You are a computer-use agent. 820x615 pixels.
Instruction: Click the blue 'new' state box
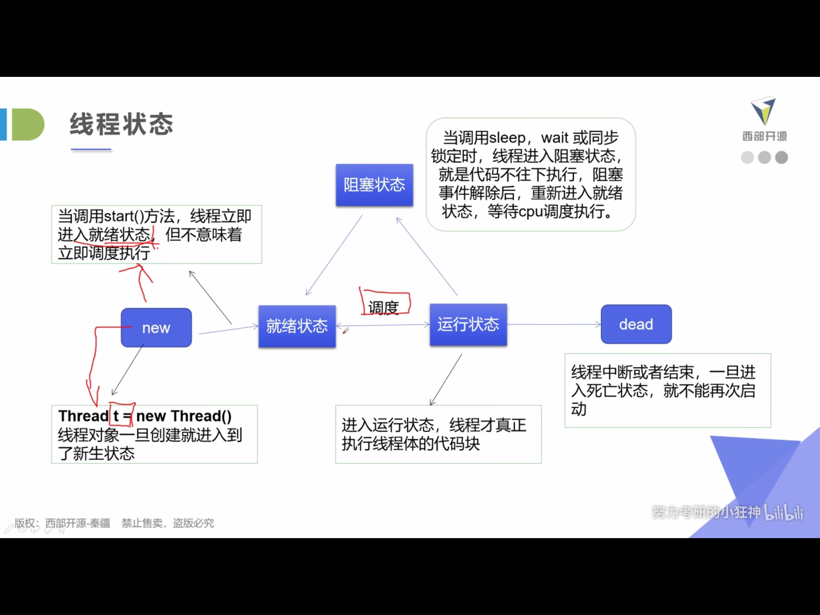tap(156, 328)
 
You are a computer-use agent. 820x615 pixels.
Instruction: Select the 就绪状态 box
tap(297, 326)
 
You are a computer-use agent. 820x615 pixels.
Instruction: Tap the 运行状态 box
tap(468, 324)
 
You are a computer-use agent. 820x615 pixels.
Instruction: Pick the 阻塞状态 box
tap(374, 185)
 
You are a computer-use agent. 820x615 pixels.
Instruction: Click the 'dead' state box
tap(636, 324)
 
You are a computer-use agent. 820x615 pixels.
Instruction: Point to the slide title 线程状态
tap(121, 124)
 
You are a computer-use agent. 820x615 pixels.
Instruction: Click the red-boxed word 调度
tap(384, 307)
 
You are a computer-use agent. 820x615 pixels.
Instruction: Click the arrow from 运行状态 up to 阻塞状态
tap(426, 256)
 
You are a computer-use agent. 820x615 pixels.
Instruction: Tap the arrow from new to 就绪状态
tap(228, 330)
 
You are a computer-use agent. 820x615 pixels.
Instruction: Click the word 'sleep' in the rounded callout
tap(507, 138)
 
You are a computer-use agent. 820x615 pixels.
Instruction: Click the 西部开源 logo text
tap(764, 137)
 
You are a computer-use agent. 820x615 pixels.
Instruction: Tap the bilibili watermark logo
tap(784, 512)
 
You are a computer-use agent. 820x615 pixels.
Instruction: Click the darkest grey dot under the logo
tap(781, 157)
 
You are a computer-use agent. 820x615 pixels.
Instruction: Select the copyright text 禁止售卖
tap(142, 523)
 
